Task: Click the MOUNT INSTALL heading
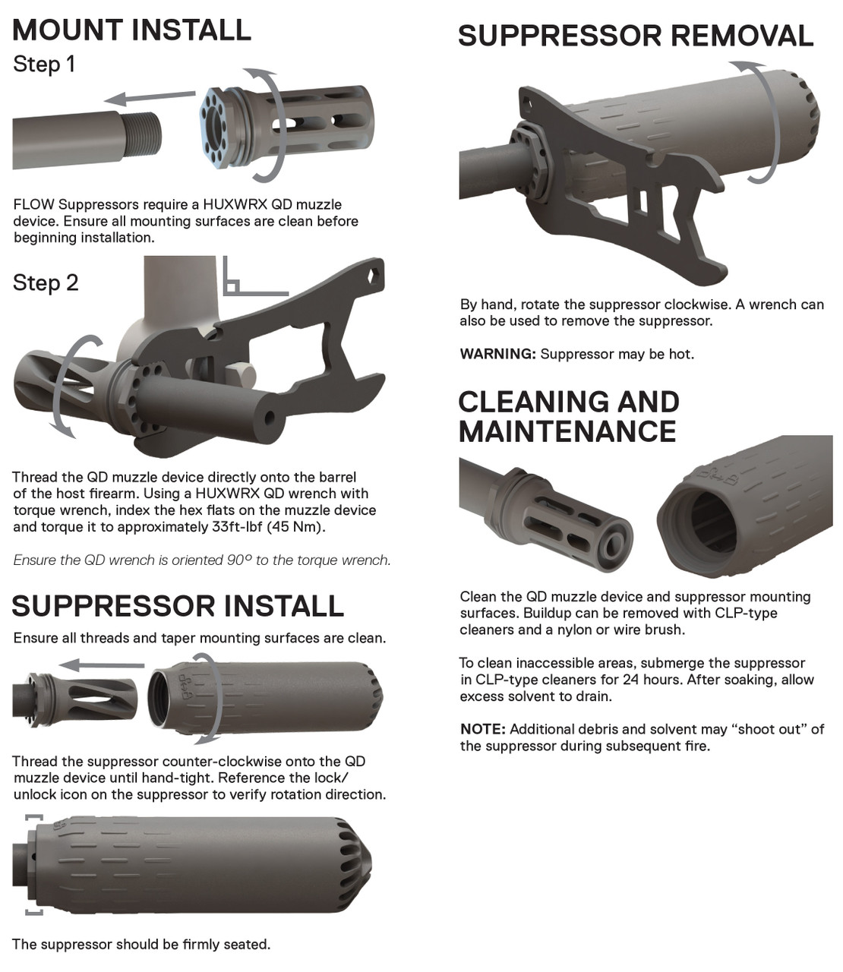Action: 131,30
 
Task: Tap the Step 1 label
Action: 44,65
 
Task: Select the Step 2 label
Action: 46,283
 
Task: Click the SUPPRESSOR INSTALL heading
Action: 178,606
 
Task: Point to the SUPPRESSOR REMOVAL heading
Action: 636,36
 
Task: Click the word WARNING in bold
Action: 497,354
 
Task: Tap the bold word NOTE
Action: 482,729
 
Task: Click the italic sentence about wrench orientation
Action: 202,560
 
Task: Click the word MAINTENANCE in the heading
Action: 567,431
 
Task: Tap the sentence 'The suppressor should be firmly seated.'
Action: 141,945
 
